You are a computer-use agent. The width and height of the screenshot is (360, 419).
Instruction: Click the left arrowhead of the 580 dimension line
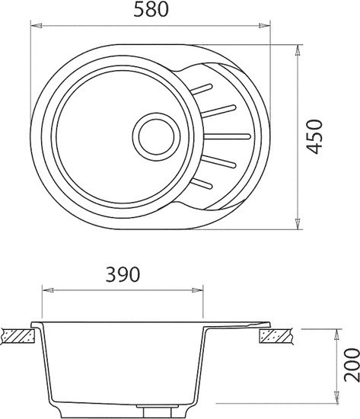click(x=35, y=25)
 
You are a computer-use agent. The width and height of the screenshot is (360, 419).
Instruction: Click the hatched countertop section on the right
click(x=275, y=334)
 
